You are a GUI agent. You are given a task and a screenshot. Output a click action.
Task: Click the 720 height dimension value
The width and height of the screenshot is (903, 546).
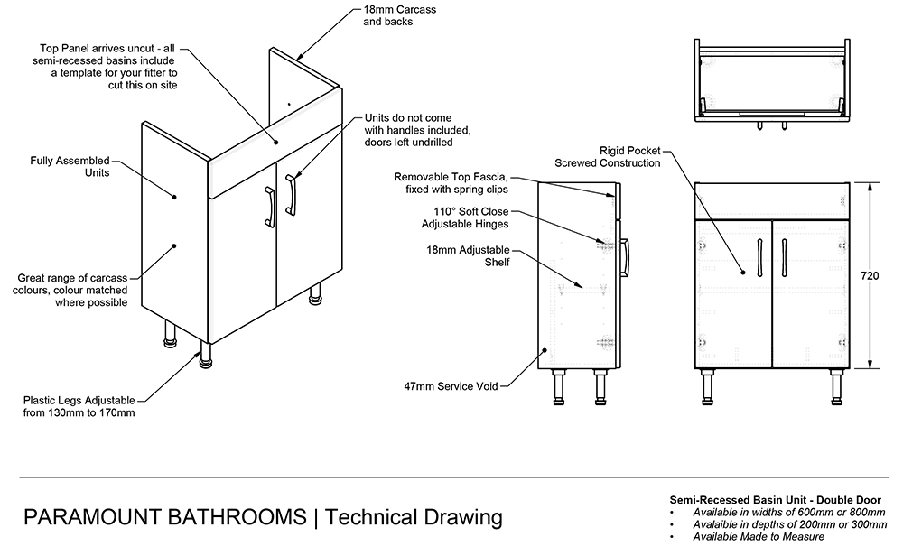[x=870, y=275]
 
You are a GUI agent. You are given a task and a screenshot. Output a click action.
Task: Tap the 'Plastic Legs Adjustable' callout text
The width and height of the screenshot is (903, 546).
[x=80, y=406]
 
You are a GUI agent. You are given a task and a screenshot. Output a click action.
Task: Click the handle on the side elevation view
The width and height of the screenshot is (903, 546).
[x=624, y=256]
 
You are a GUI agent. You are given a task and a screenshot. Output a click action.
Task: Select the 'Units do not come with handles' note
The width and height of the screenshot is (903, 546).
[x=417, y=130]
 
